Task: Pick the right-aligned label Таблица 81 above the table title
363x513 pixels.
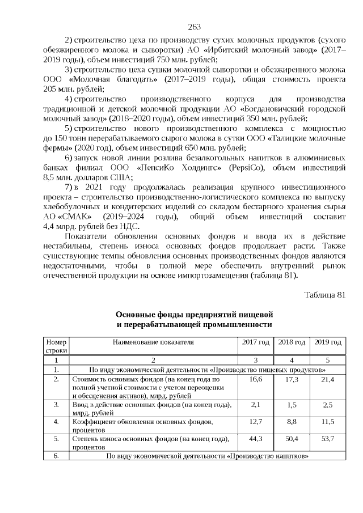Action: pyautogui.click(x=324, y=295)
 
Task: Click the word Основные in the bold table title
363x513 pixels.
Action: pyautogui.click(x=137, y=314)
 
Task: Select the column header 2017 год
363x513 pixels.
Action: pyautogui.click(x=256, y=342)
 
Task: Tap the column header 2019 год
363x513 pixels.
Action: pyautogui.click(x=328, y=342)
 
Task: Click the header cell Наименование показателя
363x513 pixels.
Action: pyautogui.click(x=153, y=342)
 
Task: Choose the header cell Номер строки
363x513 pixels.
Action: pyautogui.click(x=57, y=346)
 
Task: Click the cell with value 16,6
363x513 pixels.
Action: pyautogui.click(x=256, y=379)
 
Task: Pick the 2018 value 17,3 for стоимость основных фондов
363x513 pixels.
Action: pyautogui.click(x=292, y=379)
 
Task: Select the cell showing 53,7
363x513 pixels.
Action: pyautogui.click(x=328, y=438)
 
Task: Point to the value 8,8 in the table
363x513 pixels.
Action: pyautogui.click(x=292, y=422)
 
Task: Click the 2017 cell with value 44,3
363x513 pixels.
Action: pyautogui.click(x=256, y=438)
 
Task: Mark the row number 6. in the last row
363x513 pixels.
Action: pyautogui.click(x=57, y=456)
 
